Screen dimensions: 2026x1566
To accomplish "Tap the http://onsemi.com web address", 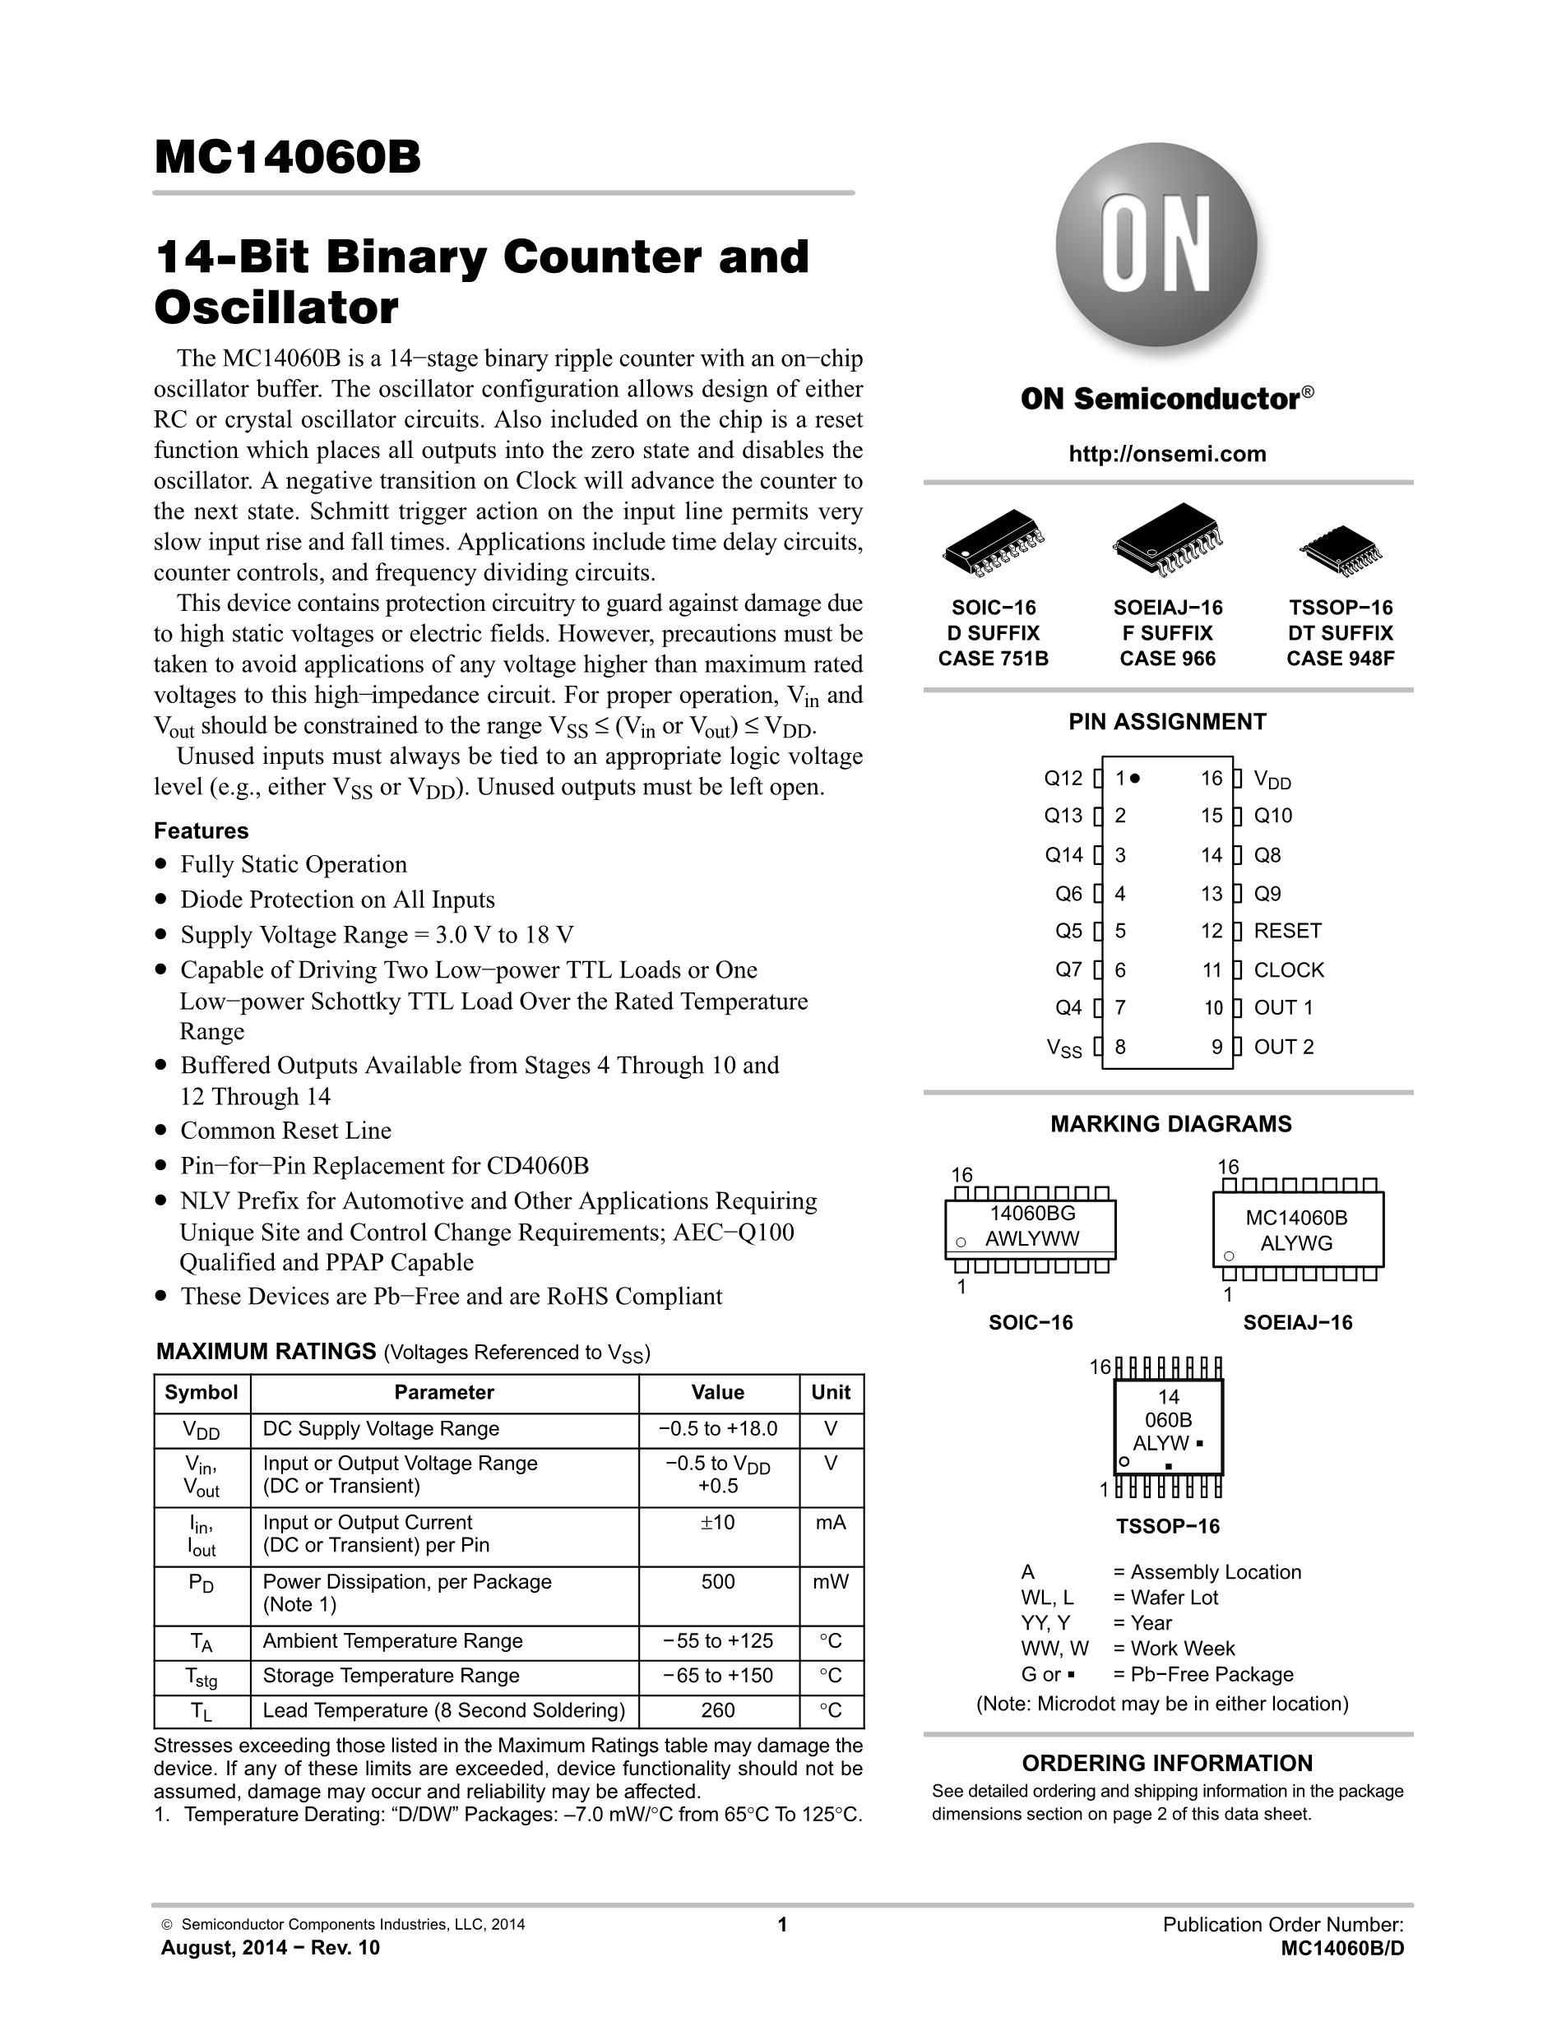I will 1167,454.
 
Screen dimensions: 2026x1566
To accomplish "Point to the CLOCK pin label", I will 1289,969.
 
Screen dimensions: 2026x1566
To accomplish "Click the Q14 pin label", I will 1063,854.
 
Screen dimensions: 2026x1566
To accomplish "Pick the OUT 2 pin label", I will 1284,1047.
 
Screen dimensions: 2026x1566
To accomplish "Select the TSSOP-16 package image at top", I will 1341,551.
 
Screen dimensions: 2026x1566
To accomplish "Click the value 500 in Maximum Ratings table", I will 718,1582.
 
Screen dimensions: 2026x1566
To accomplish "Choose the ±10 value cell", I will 718,1522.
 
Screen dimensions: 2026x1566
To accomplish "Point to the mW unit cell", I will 831,1582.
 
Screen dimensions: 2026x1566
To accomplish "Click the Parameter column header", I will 443,1392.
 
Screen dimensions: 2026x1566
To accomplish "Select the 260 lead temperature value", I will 718,1710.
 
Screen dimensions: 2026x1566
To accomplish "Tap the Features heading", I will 202,830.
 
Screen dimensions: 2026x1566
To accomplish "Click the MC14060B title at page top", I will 288,158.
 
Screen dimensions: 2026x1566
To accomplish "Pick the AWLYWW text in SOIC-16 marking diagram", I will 1031,1238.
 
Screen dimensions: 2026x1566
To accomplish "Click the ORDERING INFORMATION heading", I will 1167,1764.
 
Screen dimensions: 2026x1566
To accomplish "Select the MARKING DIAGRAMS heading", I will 1170,1123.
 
